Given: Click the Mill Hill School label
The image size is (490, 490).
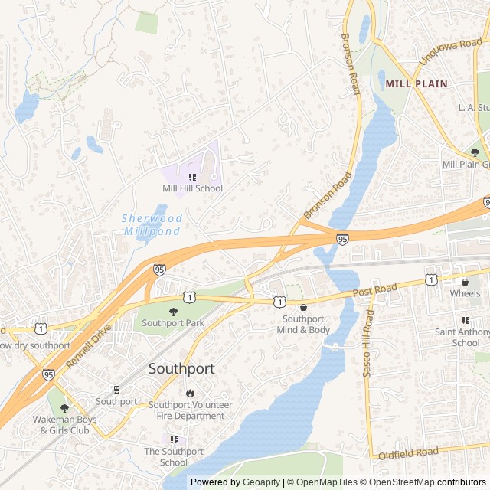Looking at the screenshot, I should pos(192,188).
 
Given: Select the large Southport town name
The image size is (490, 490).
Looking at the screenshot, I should pos(181,368).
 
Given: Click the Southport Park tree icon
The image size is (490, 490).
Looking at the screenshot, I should pos(173,311).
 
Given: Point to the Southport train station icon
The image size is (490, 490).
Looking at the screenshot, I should pos(116,389).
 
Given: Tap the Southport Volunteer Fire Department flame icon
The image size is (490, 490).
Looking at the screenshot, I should pos(190,393).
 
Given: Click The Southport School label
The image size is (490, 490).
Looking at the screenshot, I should pos(174,457).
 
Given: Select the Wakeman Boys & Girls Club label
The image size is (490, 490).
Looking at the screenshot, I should pos(65,424).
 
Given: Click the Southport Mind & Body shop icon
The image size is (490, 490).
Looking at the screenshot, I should pos(304,307).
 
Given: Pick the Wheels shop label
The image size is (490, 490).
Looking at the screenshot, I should pos(465,293).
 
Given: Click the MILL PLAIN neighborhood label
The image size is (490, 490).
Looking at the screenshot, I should pos(416,83).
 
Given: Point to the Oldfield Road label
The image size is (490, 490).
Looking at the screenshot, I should pos(407,453).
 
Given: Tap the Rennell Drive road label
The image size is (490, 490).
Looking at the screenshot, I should pos(90,346).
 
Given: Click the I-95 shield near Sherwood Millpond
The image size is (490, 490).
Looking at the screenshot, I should pos(159,269).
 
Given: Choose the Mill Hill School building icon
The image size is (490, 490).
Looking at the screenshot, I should pos(192,177).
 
